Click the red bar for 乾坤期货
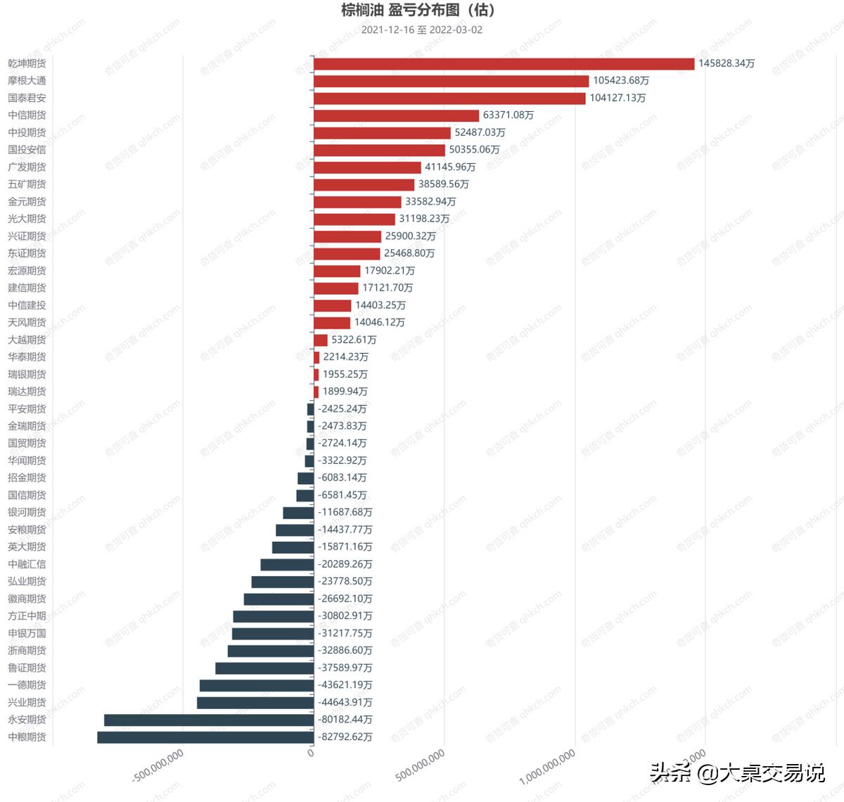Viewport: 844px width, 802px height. coord(504,64)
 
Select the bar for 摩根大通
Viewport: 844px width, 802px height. coord(451,81)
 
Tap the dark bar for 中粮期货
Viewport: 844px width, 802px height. coord(205,737)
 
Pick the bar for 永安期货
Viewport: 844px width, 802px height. coord(209,720)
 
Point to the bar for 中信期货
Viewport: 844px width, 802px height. coord(396,115)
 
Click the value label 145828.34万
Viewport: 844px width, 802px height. coord(726,63)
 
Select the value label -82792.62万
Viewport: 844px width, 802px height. coord(345,737)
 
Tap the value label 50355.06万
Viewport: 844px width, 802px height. coord(474,150)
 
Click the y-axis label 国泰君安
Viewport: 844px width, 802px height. coord(27,98)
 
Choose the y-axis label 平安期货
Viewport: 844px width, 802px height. coord(27,409)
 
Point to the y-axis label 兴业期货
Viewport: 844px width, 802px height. coord(27,702)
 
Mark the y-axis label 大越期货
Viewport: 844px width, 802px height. coord(27,340)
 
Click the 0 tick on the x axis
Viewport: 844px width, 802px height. coord(311,753)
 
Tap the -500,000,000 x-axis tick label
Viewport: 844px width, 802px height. coord(159,765)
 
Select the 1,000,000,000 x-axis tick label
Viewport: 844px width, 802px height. coord(548,767)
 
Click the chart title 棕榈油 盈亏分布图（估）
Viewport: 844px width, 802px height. coord(418,10)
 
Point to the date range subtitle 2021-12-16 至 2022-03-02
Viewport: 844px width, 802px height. coord(421,30)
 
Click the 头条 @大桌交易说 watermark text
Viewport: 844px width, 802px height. coord(736,772)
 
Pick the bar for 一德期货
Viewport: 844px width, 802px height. coord(257,685)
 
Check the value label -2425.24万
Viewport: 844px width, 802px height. coord(343,409)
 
